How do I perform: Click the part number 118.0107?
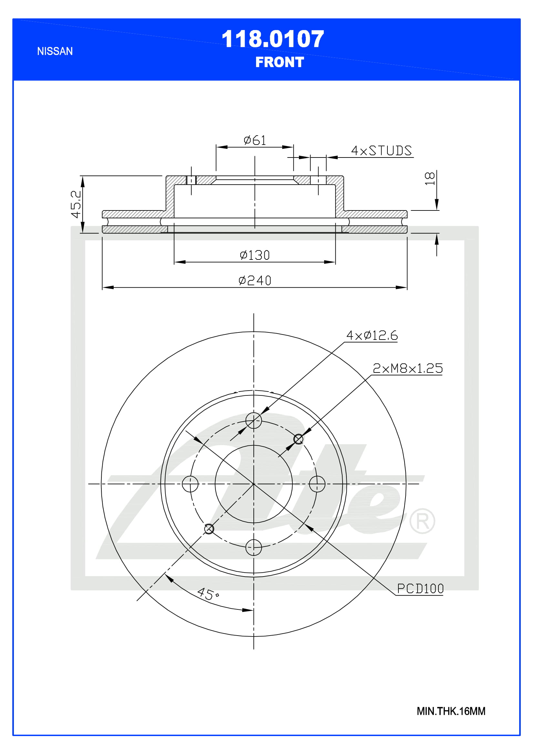tap(272, 39)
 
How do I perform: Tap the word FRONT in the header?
tap(280, 62)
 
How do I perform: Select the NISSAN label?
tap(55, 51)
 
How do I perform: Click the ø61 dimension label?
tap(255, 140)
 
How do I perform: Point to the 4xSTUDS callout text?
tap(381, 151)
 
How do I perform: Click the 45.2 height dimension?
tap(76, 204)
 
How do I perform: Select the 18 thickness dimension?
tap(430, 178)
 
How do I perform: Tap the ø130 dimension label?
tap(255, 255)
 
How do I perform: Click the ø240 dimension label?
tap(255, 281)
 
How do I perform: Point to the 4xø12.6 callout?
tap(372, 335)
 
